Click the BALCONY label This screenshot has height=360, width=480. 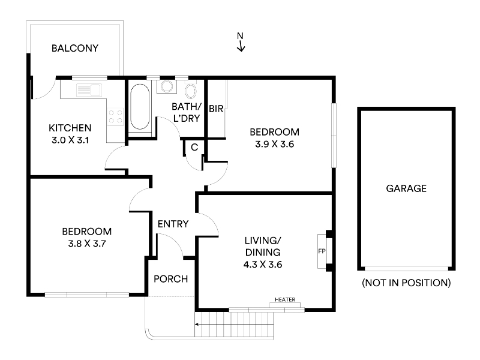click(75, 48)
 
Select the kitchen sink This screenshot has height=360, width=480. click(89, 90)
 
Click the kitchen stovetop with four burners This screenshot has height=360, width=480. click(115, 116)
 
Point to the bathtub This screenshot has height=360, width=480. click(140, 106)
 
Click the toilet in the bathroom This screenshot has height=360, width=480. click(191, 89)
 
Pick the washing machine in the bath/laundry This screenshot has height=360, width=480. click(167, 86)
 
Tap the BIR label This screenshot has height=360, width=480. click(216, 109)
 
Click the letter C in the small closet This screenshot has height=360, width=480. click(194, 148)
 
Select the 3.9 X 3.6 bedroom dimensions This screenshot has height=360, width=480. click(275, 144)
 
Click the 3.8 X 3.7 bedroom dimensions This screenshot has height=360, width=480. click(87, 244)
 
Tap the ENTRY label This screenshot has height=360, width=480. click(173, 224)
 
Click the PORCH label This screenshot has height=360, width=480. click(171, 279)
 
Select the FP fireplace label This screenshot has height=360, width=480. click(322, 251)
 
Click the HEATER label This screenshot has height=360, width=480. click(285, 299)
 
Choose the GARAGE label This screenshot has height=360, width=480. click(406, 188)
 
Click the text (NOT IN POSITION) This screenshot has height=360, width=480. click(406, 283)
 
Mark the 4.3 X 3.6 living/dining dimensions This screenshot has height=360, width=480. click(263, 265)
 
